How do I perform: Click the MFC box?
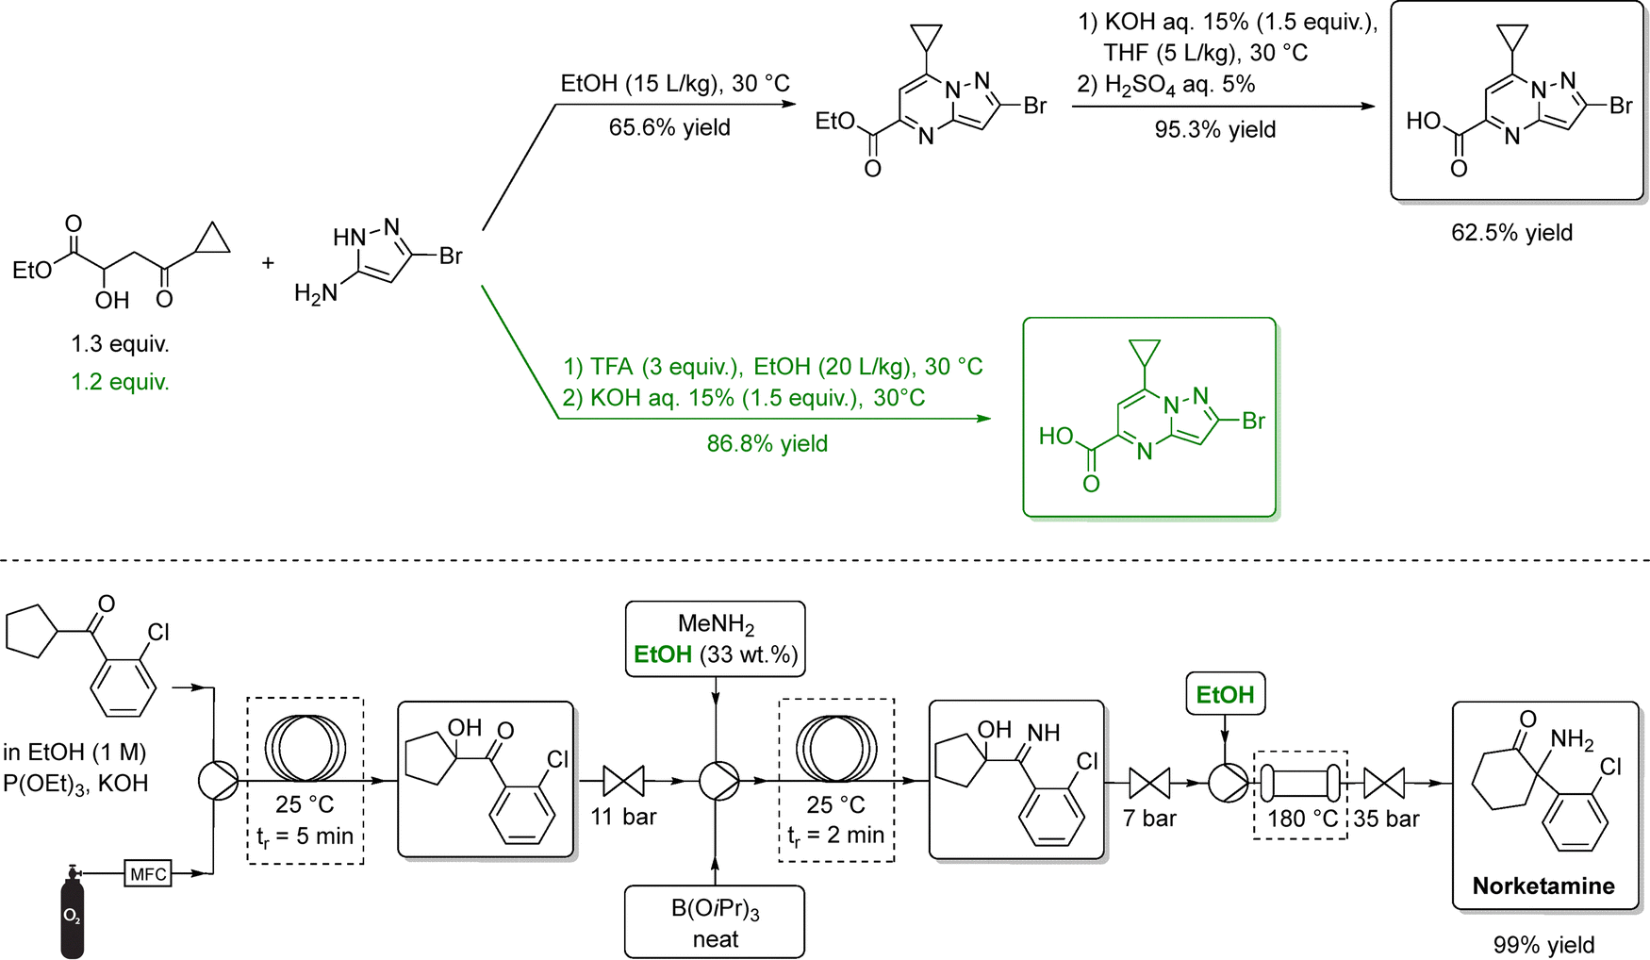[148, 874]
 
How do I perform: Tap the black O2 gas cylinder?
[72, 915]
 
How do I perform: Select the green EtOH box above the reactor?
[1225, 695]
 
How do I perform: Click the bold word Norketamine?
[1543, 886]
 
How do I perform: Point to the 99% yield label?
[1543, 945]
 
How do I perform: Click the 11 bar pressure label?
[623, 817]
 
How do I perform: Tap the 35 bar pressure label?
[1386, 819]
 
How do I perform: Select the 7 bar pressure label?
[1149, 819]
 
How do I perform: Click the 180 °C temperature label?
[1302, 819]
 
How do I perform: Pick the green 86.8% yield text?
[767, 443]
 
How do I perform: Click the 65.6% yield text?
[669, 127]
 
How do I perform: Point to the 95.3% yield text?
[1214, 129]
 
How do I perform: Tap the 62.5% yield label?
[1511, 233]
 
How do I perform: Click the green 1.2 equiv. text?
[120, 382]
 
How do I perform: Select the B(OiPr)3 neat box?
[715, 922]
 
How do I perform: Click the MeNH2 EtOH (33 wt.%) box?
[715, 639]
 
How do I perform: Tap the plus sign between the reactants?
[268, 263]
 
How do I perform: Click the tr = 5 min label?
[305, 836]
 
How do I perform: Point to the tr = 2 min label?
[835, 835]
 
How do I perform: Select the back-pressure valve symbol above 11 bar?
[623, 781]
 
